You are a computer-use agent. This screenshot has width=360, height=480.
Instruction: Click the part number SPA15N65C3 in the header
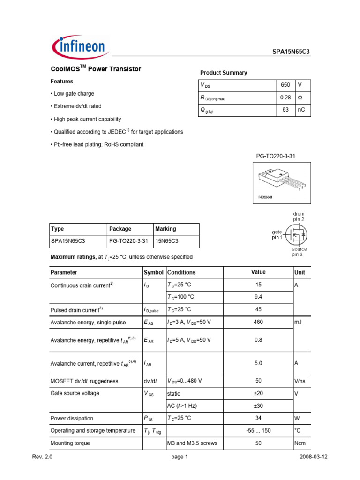tap(291, 52)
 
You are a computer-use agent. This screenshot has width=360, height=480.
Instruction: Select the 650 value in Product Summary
tap(285, 85)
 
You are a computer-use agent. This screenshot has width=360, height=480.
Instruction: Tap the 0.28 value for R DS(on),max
tap(285, 97)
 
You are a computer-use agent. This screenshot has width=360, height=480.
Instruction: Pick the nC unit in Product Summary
tap(302, 110)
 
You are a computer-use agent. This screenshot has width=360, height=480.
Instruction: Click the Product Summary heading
tap(224, 73)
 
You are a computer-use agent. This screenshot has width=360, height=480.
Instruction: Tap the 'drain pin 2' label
tap(299, 217)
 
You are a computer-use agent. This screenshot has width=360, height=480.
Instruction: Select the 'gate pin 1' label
tap(277, 234)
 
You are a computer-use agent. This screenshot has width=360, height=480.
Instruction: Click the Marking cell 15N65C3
tap(167, 241)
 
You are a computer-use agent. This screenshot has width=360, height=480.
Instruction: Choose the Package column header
tap(120, 229)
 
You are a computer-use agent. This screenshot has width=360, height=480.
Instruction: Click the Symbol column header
tap(154, 272)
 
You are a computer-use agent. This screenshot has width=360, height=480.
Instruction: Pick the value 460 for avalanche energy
tap(258, 322)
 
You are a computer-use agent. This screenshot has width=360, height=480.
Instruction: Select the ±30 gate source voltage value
tap(258, 405)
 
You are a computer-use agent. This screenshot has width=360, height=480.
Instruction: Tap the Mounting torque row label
tap(70, 442)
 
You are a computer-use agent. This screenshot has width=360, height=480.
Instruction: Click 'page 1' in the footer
tap(180, 457)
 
